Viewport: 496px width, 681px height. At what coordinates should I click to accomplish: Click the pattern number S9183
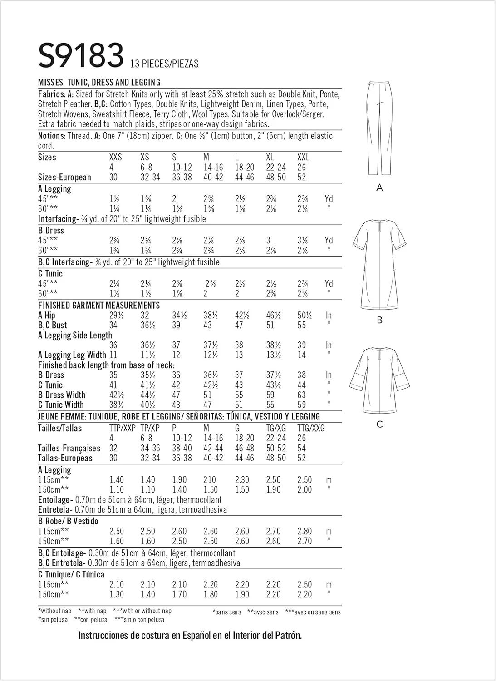point(81,55)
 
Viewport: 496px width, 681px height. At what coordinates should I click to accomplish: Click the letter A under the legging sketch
point(380,188)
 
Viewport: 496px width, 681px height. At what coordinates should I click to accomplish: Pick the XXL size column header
point(303,157)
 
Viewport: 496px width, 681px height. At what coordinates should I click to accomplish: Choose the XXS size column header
point(116,157)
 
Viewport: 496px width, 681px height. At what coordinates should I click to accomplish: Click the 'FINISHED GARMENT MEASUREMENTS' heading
point(99,305)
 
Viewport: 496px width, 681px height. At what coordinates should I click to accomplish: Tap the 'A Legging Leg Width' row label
point(72,355)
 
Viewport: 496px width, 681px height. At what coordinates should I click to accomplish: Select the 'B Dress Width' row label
point(62,395)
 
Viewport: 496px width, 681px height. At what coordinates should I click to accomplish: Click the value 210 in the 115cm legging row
point(210,480)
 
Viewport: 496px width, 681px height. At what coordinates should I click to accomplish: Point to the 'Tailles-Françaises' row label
point(69,448)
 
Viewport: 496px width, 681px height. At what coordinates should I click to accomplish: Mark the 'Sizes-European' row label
point(64,177)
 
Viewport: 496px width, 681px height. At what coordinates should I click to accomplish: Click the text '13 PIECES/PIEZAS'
point(164,64)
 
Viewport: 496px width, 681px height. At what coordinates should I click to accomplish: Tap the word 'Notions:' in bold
point(52,136)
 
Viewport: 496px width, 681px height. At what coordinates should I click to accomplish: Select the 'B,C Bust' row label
point(53,325)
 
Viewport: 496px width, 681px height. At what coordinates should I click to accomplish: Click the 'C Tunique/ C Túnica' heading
point(71,574)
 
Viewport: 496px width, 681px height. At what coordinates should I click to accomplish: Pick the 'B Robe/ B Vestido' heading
point(68,521)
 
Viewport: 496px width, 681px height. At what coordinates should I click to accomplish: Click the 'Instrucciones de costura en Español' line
point(190,636)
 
